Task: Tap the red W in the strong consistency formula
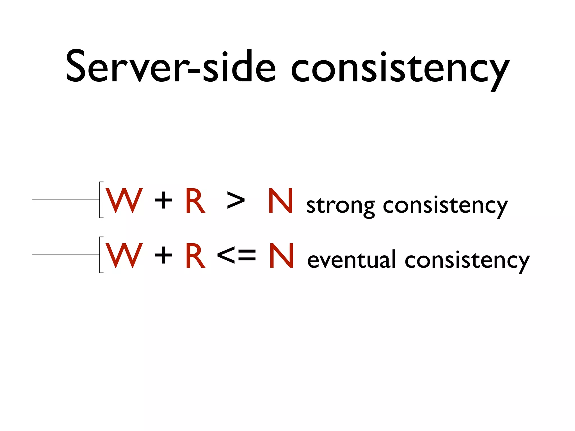[124, 200]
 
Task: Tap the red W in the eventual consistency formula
[124, 255]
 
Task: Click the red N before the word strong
[281, 201]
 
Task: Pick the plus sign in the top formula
[163, 201]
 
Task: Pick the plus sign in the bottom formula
[163, 256]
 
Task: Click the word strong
[340, 206]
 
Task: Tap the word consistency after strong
[445, 206]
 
